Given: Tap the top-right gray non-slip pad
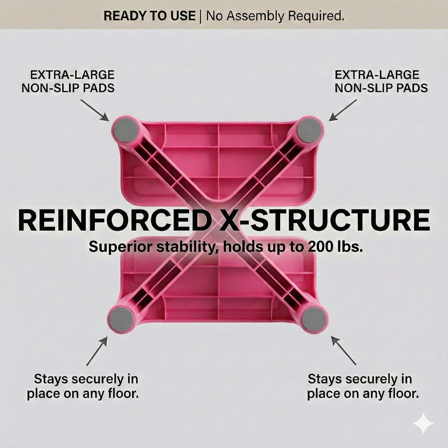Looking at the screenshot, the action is (310, 130).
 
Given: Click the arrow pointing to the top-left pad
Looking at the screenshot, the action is (95, 110).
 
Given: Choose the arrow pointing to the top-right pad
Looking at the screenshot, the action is (343, 110).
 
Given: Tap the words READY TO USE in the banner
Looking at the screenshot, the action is (150, 16).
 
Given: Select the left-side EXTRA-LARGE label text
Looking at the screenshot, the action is (72, 75).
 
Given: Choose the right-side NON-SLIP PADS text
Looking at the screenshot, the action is (381, 88).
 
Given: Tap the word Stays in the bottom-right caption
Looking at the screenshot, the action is (327, 379).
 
